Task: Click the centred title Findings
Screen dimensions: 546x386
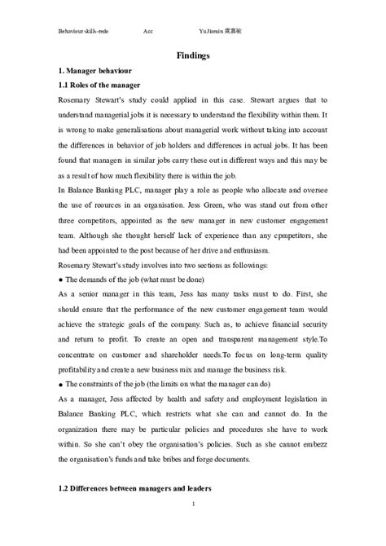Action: click(x=193, y=55)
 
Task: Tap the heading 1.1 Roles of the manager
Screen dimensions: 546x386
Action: click(x=100, y=86)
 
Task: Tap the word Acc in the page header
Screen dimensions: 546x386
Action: click(x=148, y=29)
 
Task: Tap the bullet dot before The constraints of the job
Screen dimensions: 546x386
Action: click(x=61, y=383)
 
